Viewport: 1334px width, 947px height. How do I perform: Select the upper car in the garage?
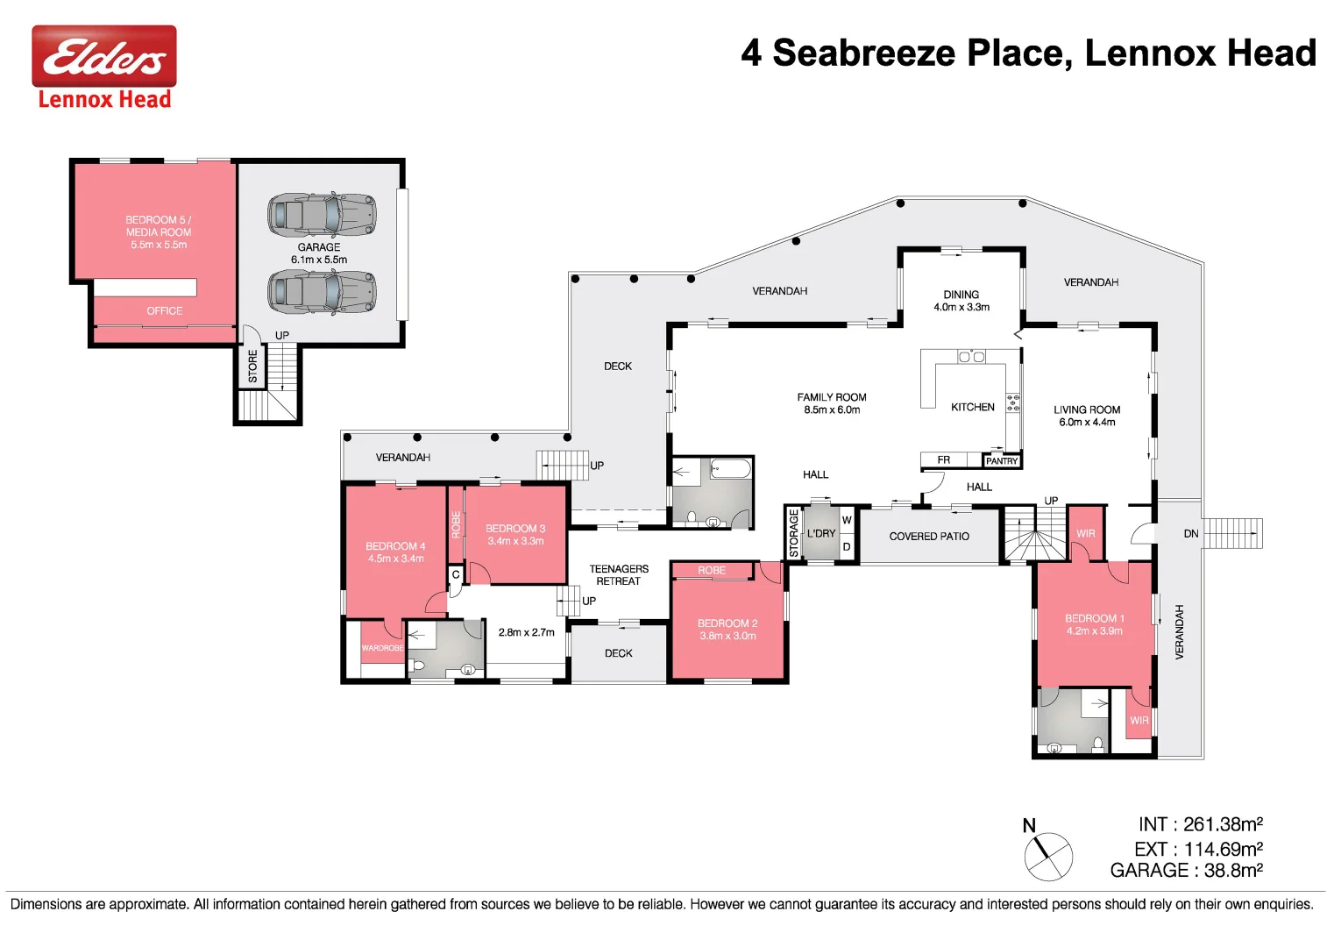click(x=322, y=215)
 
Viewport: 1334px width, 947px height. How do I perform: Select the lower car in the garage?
click(x=322, y=291)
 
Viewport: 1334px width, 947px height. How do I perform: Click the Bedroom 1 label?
click(x=1094, y=618)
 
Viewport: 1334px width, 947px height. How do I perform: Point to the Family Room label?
click(x=831, y=397)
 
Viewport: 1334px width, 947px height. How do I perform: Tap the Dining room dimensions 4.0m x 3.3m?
click(x=961, y=308)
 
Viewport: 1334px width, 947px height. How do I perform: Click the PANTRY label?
click(x=1001, y=461)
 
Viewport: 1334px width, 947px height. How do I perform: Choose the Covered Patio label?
click(x=929, y=537)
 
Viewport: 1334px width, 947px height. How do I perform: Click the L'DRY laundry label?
click(x=821, y=533)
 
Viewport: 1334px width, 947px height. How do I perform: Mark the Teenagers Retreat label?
click(x=619, y=575)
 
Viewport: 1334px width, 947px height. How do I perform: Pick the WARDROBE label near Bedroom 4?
click(x=382, y=648)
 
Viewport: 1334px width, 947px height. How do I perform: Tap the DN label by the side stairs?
click(x=1190, y=533)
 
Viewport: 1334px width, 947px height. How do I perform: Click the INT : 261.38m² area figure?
click(x=1200, y=824)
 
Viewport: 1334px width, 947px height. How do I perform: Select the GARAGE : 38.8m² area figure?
click(x=1186, y=871)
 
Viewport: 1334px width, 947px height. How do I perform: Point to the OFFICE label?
click(x=165, y=311)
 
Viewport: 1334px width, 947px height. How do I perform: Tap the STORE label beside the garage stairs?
click(x=252, y=367)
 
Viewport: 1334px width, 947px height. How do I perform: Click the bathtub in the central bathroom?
click(x=730, y=468)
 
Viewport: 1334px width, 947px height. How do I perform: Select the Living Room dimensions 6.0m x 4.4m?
click(x=1087, y=423)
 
